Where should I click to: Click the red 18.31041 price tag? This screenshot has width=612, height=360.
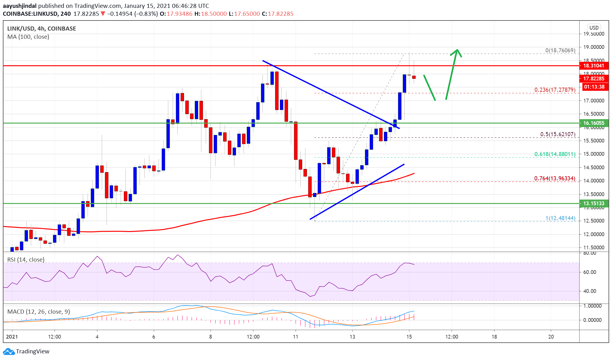pos(593,66)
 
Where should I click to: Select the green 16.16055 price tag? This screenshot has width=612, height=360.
pos(593,123)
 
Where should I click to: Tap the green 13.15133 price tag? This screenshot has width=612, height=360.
pos(593,204)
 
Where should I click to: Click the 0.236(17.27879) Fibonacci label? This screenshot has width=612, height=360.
pos(555,90)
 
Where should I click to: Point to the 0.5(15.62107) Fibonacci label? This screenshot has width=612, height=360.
pos(557,134)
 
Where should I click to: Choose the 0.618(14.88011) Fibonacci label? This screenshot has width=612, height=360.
pos(555,154)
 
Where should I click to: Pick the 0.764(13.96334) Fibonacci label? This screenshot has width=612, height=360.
pos(555,179)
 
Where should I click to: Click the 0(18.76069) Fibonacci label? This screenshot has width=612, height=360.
pos(560,50)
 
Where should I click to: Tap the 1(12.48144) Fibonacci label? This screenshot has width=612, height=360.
pos(560,218)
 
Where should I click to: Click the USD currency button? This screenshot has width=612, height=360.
pos(594,28)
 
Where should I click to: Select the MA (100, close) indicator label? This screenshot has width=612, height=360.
pos(28,37)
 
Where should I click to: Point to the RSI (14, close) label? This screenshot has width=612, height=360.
pos(26,260)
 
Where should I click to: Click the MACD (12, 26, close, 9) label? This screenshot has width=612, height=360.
pos(38,312)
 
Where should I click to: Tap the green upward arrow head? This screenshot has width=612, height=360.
pos(457,51)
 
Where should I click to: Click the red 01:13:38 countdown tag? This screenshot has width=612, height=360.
pos(594,87)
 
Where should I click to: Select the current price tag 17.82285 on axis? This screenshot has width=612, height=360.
pos(593,79)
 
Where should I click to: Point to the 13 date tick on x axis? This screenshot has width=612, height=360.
pos(352,337)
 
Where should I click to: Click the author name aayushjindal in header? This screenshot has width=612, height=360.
pos(20,6)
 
